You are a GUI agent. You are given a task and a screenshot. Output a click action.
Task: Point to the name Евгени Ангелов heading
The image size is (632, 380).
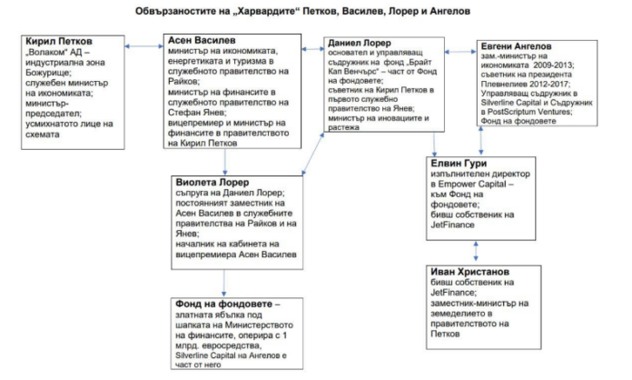pos(521,45)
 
